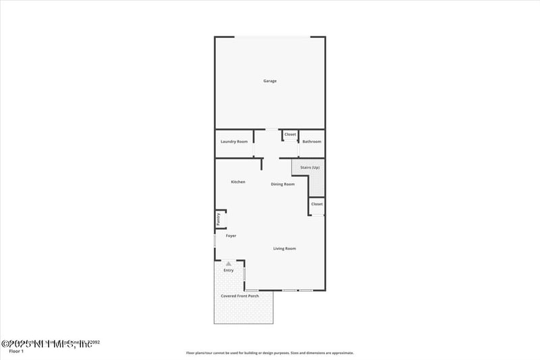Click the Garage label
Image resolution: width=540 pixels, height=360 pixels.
coord(270,81)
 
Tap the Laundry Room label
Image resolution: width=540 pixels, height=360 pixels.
coord(234,141)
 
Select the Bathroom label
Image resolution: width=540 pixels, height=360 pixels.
coord(312,141)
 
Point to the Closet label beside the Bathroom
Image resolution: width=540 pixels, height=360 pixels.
coord(290,134)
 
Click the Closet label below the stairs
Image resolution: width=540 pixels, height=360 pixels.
coord(317,203)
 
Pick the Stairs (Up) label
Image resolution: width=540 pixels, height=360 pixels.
coord(310,167)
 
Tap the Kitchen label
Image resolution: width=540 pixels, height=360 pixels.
coord(238,182)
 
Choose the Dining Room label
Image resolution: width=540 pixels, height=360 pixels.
coord(283,184)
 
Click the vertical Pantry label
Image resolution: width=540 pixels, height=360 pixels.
coord(218,219)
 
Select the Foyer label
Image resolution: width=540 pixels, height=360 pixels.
coord(231,236)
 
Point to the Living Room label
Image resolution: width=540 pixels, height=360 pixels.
coord(284,249)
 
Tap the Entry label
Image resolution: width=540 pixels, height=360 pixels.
coord(229,270)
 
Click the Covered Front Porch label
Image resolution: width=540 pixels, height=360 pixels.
coord(240,296)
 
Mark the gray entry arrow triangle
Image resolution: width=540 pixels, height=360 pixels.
coord(229,263)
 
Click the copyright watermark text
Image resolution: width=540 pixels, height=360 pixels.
coord(47,344)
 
